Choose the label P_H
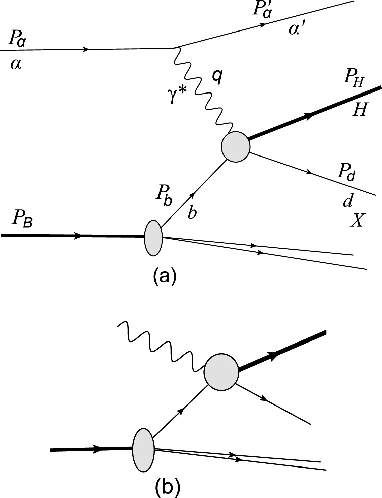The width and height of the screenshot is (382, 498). click(x=354, y=79)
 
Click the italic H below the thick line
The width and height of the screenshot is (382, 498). click(x=359, y=109)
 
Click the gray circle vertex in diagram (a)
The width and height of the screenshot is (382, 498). click(x=235, y=147)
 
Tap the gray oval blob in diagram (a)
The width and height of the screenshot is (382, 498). click(x=153, y=238)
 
